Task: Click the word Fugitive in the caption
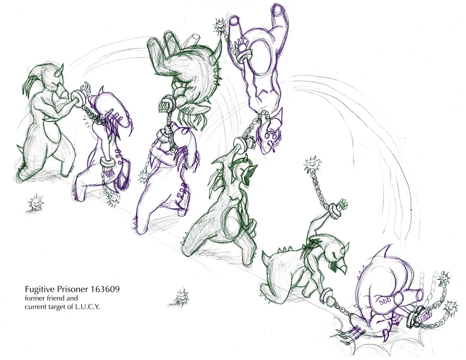point(37,289)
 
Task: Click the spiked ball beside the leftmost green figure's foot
point(35,203)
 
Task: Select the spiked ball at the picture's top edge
point(220,26)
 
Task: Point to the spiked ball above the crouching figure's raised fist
point(313,165)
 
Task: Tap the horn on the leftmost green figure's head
point(62,69)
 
